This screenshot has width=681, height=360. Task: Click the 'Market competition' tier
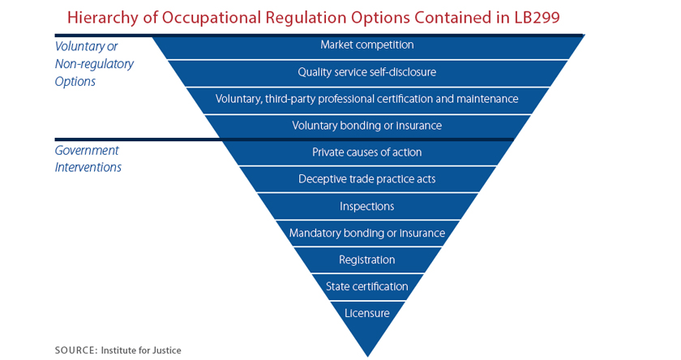tap(367, 47)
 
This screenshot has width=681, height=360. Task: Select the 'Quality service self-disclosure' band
tap(367, 73)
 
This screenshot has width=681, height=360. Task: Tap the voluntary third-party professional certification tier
tap(367, 101)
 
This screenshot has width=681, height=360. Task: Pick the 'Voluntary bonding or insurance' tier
tap(367, 126)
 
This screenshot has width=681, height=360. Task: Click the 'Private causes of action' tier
tap(367, 153)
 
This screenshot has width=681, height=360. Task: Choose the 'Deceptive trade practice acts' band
tap(367, 179)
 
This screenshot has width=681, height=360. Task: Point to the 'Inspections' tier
tap(367, 206)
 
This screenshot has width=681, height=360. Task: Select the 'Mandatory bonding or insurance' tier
tap(367, 234)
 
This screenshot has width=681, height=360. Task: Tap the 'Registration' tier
tap(367, 260)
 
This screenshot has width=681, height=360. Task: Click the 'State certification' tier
tap(367, 286)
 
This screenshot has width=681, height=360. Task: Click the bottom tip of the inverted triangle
tap(368, 357)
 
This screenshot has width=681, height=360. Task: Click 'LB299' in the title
tap(537, 18)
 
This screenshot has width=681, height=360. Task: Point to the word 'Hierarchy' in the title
tap(102, 19)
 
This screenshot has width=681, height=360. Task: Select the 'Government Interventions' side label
tap(88, 159)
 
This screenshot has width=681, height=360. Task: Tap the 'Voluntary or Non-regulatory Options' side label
tap(94, 64)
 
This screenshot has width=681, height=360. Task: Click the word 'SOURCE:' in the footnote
tap(76, 350)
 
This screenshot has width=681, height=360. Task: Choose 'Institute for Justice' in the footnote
tap(141, 350)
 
